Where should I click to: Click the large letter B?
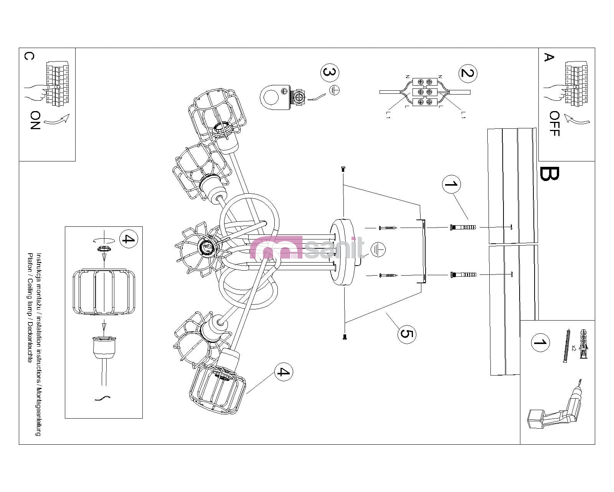tap(549, 173)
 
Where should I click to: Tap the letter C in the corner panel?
tap(29, 56)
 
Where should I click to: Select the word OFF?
tap(554, 123)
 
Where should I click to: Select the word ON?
tap(35, 120)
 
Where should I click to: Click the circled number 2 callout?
tap(467, 73)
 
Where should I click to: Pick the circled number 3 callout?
tap(330, 72)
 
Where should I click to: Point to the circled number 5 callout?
tap(406, 333)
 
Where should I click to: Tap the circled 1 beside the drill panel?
tap(540, 342)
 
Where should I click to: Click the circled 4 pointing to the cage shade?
tap(284, 372)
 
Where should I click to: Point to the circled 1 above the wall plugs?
tap(451, 184)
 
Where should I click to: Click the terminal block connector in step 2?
tap(425, 92)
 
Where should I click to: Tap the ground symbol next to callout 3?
tap(335, 90)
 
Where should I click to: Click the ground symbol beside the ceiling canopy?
tap(378, 250)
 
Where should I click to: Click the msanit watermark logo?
tap(307, 248)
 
